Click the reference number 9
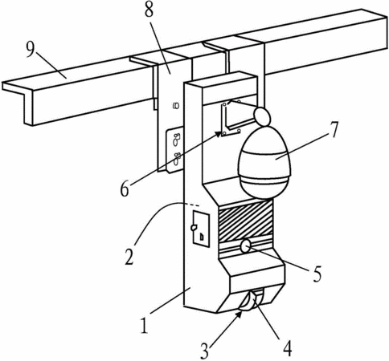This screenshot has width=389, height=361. [x=30, y=50]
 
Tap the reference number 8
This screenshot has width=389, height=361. [x=149, y=10]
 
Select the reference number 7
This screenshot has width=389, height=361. [x=333, y=130]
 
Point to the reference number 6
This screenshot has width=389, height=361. [x=125, y=189]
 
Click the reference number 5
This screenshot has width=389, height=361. [x=317, y=274]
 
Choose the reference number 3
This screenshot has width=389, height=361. [x=204, y=351]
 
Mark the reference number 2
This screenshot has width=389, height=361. [x=129, y=257]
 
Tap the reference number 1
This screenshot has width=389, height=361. [x=144, y=325]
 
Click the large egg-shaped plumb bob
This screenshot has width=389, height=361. [x=264, y=163]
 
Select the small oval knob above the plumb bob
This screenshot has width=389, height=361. [x=262, y=116]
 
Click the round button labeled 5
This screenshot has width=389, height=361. [x=246, y=245]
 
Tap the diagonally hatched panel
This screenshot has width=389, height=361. [x=245, y=221]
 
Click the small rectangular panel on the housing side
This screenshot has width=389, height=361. [x=201, y=229]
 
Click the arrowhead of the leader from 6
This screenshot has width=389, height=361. [x=220, y=134]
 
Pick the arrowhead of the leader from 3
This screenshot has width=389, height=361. [x=240, y=314]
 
